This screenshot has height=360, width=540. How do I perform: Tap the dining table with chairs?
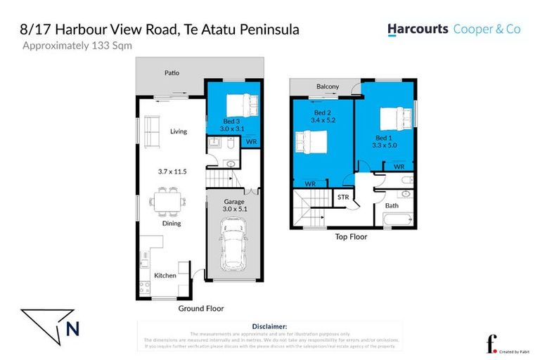click(169, 200)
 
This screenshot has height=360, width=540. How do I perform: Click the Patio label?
click(172, 72)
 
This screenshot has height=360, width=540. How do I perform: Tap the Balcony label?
click(327, 86)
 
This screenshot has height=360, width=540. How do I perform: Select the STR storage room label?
click(344, 197)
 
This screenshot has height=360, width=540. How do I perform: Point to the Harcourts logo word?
click(418, 30)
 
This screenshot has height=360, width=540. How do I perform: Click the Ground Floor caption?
click(200, 308)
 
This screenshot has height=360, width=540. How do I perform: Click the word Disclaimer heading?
click(269, 326)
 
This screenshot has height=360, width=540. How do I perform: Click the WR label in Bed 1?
click(399, 167)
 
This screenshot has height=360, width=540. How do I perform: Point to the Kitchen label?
click(165, 276)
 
